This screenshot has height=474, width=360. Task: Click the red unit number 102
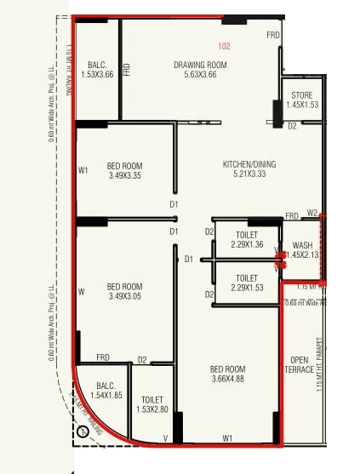[x=224, y=46]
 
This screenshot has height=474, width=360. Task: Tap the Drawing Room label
[x=200, y=65]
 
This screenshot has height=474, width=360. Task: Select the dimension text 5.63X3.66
[x=200, y=75]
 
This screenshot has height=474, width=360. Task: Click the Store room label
[x=302, y=95]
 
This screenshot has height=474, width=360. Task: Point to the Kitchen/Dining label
[x=249, y=164]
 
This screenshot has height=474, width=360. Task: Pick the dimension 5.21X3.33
[x=249, y=174]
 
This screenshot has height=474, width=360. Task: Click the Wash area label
[x=302, y=245]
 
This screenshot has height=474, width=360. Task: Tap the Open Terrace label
[x=299, y=364]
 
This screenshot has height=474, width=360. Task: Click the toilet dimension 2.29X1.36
[x=247, y=245]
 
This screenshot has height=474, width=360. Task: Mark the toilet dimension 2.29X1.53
[x=247, y=288]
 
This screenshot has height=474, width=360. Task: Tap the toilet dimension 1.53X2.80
[x=152, y=409]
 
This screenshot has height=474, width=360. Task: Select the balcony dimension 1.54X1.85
[x=106, y=396]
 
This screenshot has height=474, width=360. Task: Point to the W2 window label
[x=312, y=213]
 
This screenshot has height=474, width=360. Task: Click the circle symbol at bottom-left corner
[x=83, y=431]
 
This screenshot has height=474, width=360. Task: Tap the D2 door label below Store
[x=291, y=126]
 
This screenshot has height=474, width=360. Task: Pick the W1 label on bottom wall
[x=227, y=438]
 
